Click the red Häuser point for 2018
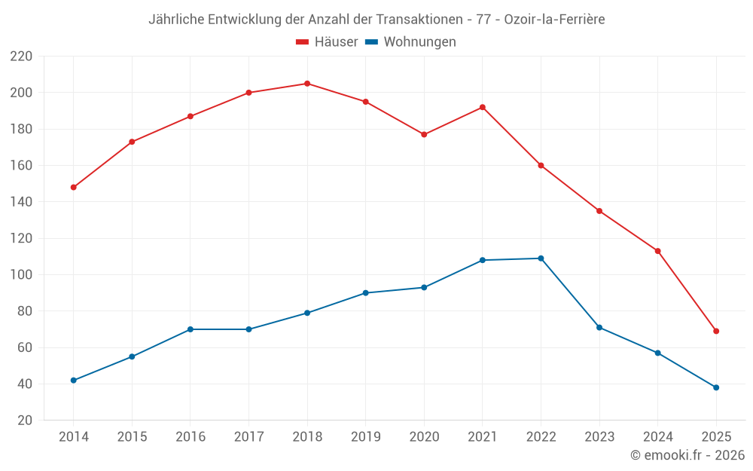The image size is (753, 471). pos(307,84)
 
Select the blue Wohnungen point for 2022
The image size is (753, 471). pos(541,258)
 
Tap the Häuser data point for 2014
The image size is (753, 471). pos(73,187)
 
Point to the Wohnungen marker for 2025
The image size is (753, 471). pos(716,387)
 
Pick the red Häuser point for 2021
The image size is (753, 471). pos(483,107)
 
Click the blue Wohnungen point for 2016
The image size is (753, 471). pos(191,329)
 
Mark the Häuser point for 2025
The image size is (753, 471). pos(716,331)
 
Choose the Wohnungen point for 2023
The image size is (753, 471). pos(599,327)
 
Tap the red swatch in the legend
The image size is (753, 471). pos(303,42)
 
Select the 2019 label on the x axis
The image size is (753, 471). pos(366,437)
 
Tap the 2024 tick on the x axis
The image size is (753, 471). pos(658,437)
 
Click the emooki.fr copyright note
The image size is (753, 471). pos(687,455)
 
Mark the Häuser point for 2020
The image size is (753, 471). pos(424,134)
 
